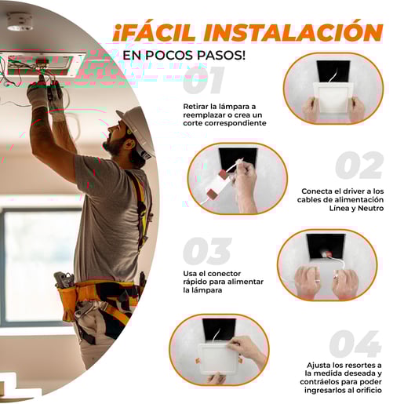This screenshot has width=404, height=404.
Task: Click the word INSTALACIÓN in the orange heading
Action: click(x=293, y=32)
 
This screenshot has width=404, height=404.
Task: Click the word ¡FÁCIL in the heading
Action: click(x=155, y=33)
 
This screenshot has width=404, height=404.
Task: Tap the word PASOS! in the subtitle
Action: click(x=221, y=56)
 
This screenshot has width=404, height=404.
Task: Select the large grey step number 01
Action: click(x=204, y=80)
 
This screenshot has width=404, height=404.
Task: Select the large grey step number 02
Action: click(x=359, y=166)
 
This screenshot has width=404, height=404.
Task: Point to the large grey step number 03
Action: click(x=207, y=251)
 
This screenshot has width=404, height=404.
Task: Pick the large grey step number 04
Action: click(x=355, y=344)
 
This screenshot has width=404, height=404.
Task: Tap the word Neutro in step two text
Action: click(x=370, y=208)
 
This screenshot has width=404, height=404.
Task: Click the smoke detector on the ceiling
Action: click(x=20, y=22)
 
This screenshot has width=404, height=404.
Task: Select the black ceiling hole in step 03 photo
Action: click(x=326, y=246)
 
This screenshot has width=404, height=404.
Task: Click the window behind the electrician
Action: click(x=39, y=265)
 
